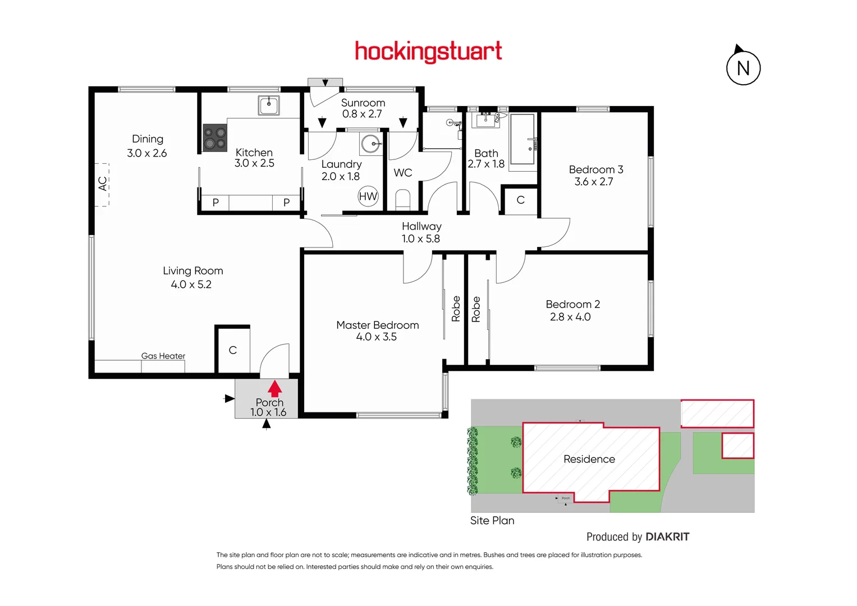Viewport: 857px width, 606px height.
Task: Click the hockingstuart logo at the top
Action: click(x=428, y=52)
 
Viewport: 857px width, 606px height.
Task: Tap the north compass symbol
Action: click(x=743, y=67)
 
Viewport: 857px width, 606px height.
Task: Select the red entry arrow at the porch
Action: click(x=274, y=388)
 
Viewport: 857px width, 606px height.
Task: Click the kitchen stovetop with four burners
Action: click(x=214, y=138)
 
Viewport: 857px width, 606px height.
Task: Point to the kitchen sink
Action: click(x=269, y=105)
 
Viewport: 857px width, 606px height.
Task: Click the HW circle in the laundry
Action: click(x=368, y=196)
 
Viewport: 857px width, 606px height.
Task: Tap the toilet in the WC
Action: click(x=403, y=199)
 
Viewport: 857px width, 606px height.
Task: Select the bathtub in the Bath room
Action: click(x=523, y=139)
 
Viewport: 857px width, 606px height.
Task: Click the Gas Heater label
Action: click(x=163, y=356)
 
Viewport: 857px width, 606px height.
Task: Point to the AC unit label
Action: click(x=103, y=184)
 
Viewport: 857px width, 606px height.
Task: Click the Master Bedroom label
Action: click(x=377, y=325)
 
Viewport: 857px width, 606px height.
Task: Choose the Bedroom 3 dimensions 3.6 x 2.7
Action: click(x=593, y=182)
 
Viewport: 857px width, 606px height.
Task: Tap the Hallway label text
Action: click(x=421, y=226)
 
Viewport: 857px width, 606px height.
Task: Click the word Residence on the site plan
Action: click(x=589, y=459)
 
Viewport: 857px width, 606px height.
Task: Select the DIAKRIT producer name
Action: click(x=667, y=537)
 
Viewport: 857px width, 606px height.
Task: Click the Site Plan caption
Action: click(x=492, y=520)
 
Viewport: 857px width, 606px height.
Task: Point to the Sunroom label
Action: click(x=363, y=103)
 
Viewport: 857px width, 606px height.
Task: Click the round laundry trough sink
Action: click(x=370, y=144)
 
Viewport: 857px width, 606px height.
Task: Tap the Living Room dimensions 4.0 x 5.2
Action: click(x=191, y=284)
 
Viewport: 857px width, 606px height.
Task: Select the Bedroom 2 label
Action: click(x=572, y=304)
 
